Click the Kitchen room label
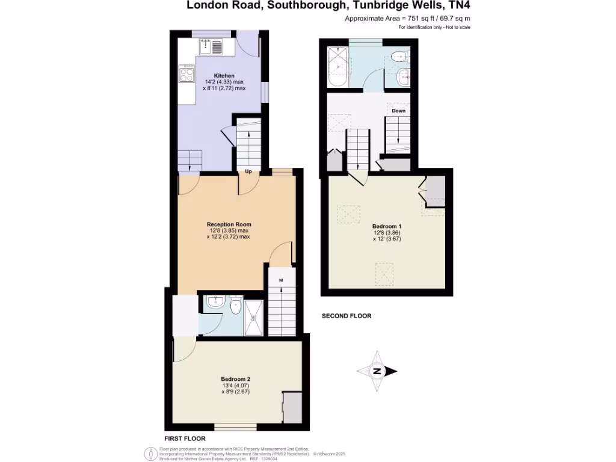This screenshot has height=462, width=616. (224, 75)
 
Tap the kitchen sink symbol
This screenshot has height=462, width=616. (211, 46)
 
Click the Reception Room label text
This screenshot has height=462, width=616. (229, 224)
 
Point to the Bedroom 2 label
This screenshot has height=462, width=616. (236, 379)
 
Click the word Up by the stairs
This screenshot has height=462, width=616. (248, 171)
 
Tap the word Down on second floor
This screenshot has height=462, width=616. (398, 111)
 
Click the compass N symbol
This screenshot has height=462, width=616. (377, 371)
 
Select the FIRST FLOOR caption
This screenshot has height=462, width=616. (185, 439)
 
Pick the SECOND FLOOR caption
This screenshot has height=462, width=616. (346, 316)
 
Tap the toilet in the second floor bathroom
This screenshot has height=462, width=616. (398, 57)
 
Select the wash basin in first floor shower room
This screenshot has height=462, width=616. (215, 302)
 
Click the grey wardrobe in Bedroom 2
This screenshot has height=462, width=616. (292, 408)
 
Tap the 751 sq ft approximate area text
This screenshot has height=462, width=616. (407, 19)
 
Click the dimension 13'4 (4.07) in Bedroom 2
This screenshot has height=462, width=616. (236, 386)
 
